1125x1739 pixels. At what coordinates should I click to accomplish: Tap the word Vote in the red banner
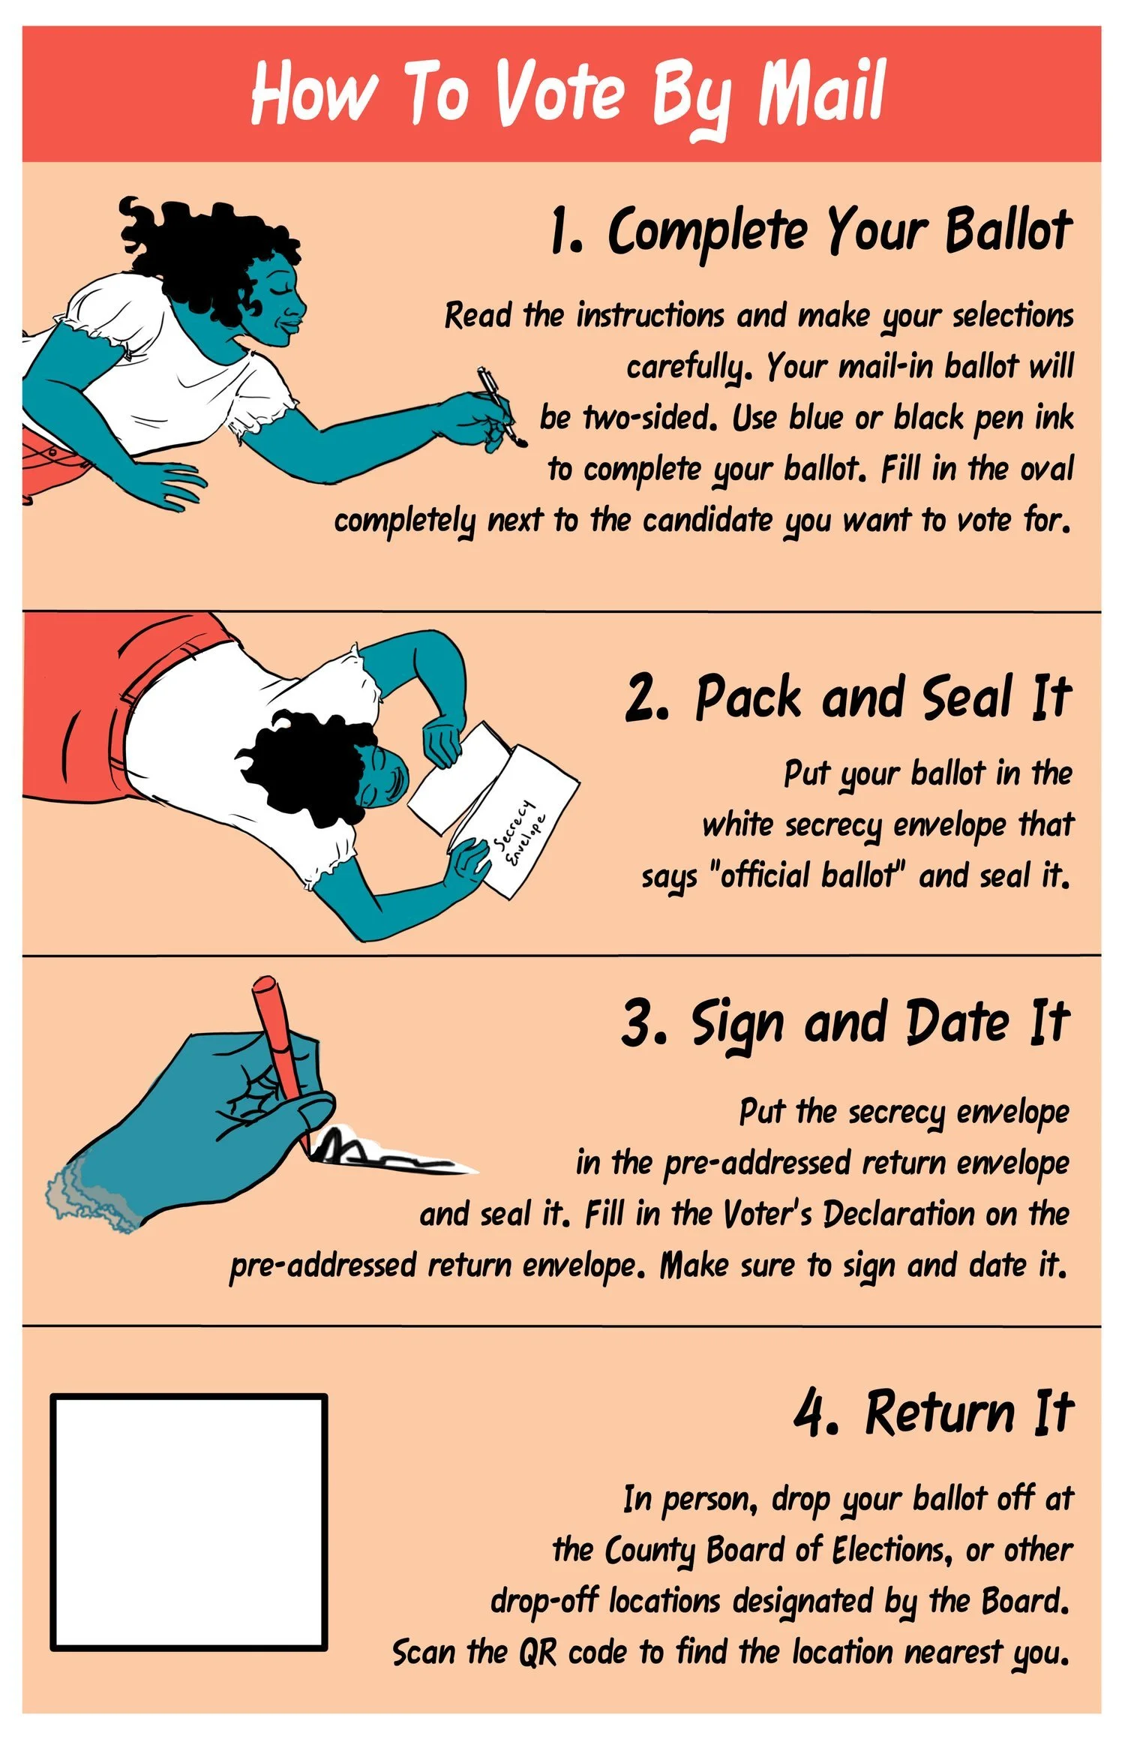559,94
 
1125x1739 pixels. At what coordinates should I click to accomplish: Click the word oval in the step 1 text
1046,469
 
